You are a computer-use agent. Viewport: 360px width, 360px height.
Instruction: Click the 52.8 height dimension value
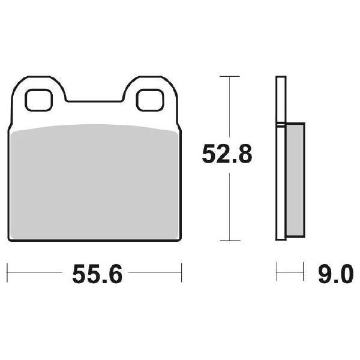click(x=227, y=155)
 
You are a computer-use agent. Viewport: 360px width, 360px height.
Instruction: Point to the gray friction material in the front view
click(x=94, y=180)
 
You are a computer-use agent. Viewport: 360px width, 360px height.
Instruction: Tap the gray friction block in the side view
click(x=295, y=180)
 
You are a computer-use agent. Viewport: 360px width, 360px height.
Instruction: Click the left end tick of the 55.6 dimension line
click(x=7, y=272)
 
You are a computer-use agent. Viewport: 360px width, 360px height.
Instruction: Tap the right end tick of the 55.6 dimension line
click(x=182, y=272)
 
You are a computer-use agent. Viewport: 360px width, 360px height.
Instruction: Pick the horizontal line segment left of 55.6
click(x=36, y=272)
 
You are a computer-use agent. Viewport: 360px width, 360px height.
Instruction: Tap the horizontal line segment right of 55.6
click(x=156, y=272)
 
